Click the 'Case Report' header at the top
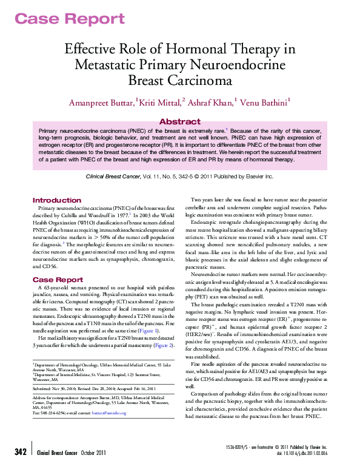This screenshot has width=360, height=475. pos(61,18)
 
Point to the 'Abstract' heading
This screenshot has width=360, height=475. pos(179,121)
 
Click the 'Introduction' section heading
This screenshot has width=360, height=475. pos(56,200)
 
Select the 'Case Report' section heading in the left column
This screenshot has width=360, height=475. pos(58,280)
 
